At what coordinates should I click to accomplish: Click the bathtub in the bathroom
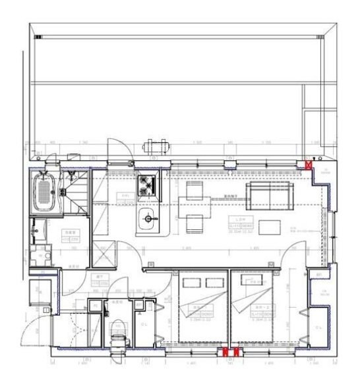coord(45,192)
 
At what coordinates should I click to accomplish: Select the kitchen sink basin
coord(148,217)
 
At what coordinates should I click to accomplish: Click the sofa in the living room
coord(268,194)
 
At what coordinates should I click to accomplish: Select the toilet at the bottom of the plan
coord(119,329)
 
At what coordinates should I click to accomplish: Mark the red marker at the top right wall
coord(307,165)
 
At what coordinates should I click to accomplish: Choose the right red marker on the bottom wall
coord(235,353)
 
